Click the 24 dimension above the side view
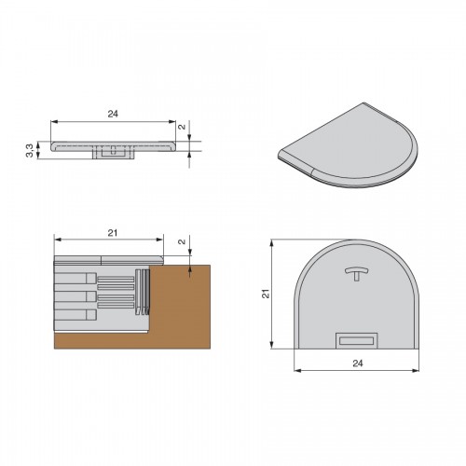[x=113, y=114]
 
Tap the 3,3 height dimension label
[x=29, y=150]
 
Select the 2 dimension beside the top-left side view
[x=182, y=127]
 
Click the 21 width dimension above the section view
[x=113, y=233]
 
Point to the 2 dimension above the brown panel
[x=182, y=241]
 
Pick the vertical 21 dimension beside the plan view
[x=267, y=294]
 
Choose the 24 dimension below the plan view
[x=358, y=363]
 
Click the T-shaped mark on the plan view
[x=357, y=273]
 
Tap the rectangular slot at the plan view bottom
[x=357, y=340]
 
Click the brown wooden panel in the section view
[x=179, y=310]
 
